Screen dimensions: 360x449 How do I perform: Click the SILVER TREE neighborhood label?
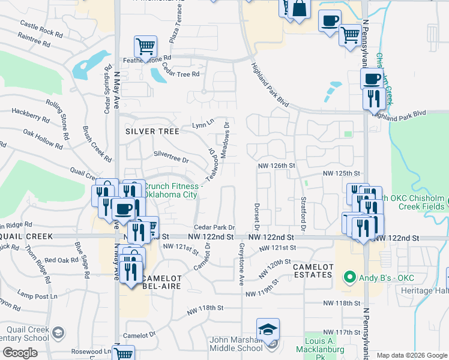152,131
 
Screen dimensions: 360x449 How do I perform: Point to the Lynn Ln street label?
203,124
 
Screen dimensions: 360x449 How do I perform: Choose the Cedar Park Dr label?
214,227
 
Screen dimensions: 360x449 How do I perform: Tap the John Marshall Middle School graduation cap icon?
268,329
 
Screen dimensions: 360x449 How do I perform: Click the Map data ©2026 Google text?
411,355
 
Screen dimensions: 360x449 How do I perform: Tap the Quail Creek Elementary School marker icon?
58,333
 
